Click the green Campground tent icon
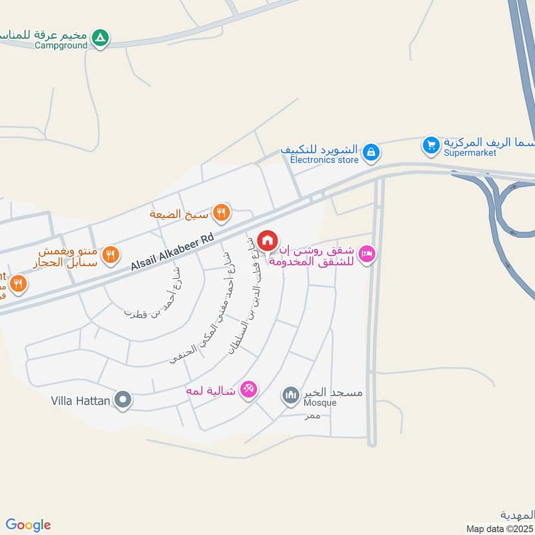click(100, 37)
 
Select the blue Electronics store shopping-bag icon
click(370, 153)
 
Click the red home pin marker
click(267, 240)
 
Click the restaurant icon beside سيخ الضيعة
click(221, 213)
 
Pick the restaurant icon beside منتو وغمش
click(111, 254)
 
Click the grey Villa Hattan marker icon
click(122, 401)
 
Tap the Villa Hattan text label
click(81, 401)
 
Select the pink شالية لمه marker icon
click(248, 389)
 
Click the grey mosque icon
click(290, 396)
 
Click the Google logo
click(28, 525)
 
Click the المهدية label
click(517, 515)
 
